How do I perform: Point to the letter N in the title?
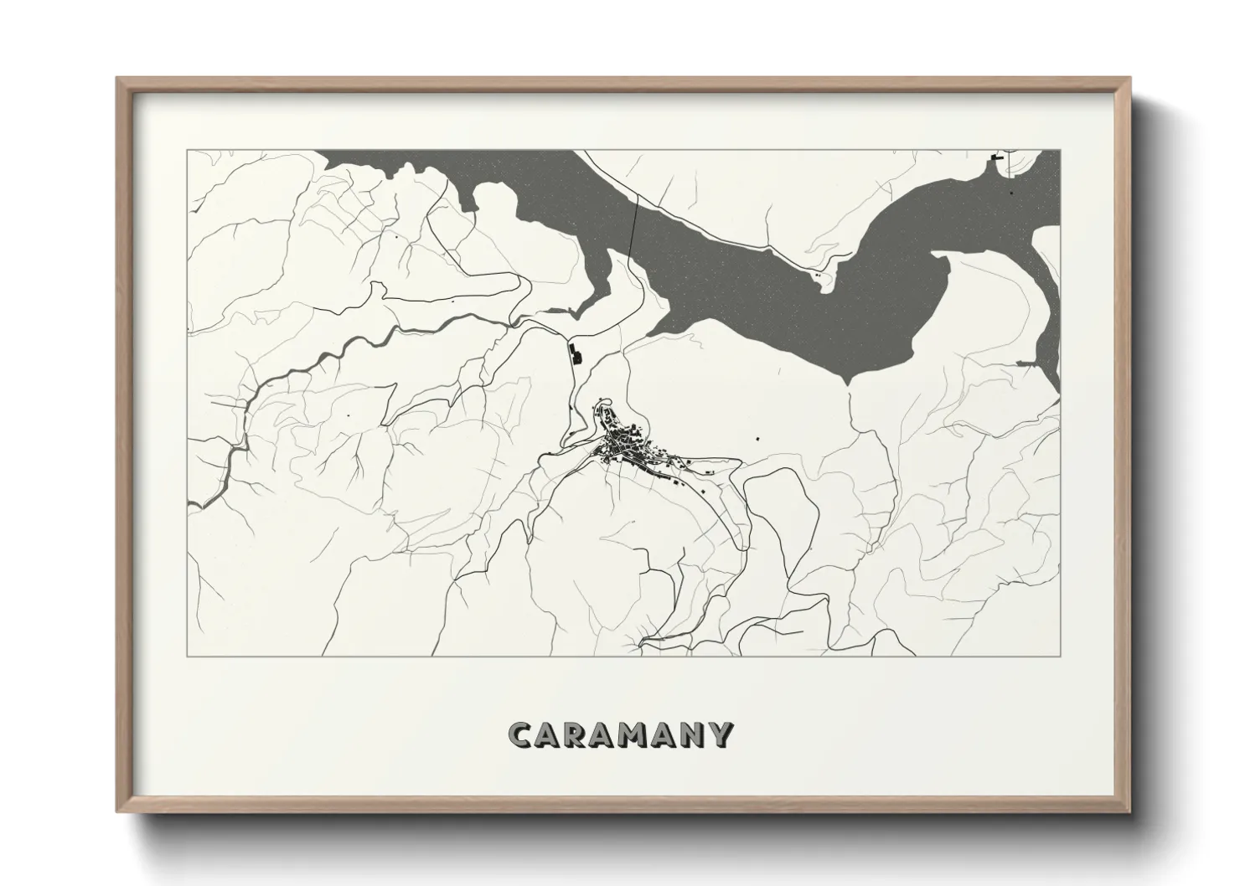click(693, 735)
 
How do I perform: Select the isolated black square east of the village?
click(757, 437)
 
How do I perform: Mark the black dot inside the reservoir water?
click(1011, 193)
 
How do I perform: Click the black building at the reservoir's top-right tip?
click(997, 156)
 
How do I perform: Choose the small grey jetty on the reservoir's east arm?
click(1026, 363)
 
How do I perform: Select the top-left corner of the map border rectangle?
click(187, 150)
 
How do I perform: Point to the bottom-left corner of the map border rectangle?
click(187, 657)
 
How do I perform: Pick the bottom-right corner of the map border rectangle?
click(1061, 657)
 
